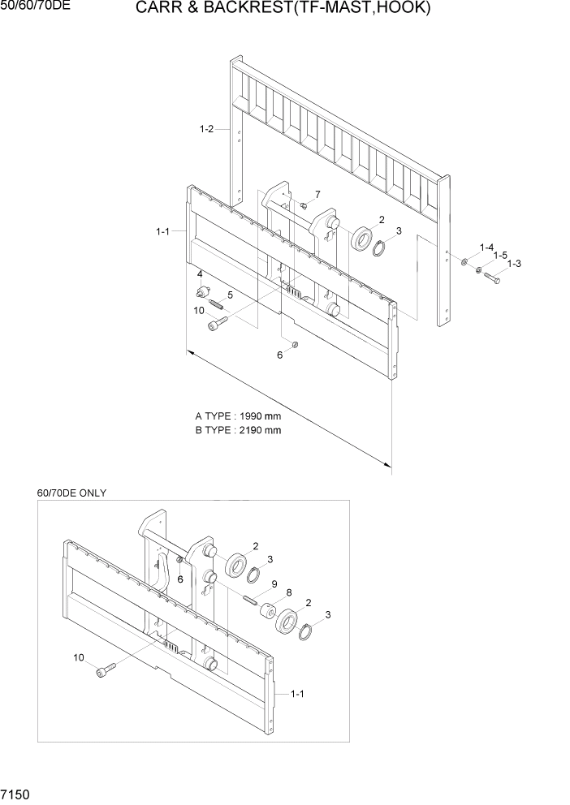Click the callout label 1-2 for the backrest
[206, 129]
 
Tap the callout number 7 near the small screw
[317, 194]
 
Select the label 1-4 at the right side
[486, 247]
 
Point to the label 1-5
[500, 255]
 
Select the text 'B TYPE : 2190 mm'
[238, 430]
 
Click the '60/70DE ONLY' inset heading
[71, 493]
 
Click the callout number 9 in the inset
[274, 583]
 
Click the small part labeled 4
[201, 291]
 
